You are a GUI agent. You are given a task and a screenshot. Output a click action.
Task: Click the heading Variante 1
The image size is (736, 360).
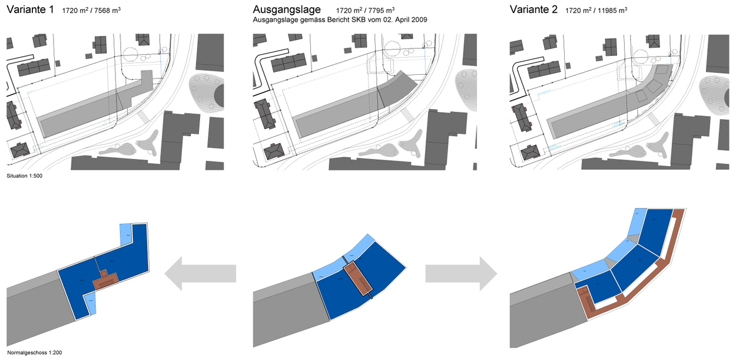(x=30, y=10)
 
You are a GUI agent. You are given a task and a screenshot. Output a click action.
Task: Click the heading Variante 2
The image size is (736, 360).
(x=534, y=10)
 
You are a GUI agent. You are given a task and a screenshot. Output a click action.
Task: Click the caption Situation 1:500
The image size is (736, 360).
(x=24, y=176)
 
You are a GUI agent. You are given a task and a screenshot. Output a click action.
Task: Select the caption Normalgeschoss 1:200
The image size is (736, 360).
(x=34, y=353)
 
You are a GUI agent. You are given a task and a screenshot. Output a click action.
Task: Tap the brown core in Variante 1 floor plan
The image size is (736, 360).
(x=106, y=280)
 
